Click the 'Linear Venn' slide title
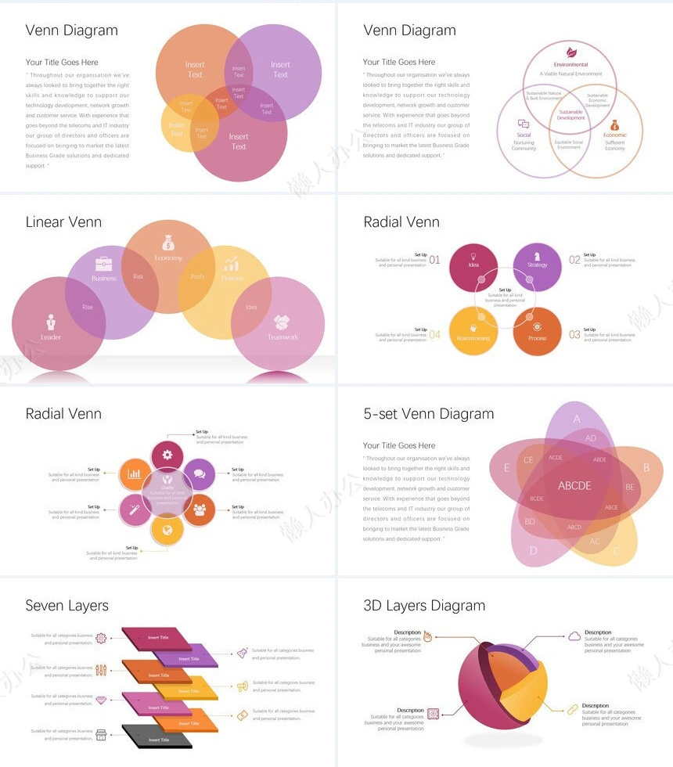tap(63, 222)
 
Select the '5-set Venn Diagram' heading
tap(428, 414)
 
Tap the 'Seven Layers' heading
tap(67, 606)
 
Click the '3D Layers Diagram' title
tap(424, 606)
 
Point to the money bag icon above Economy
tap(168, 243)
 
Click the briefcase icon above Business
tap(103, 264)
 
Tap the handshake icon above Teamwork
tap(282, 322)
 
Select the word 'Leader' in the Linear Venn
tap(51, 337)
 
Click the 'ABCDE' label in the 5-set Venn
tap(574, 486)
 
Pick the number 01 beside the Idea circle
tap(435, 260)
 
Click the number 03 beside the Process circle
tap(574, 335)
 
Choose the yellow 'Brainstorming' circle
tap(473, 332)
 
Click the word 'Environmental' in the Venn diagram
tap(570, 65)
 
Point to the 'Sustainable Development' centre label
tap(570, 115)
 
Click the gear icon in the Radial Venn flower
tap(167, 455)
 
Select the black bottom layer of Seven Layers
tap(157, 736)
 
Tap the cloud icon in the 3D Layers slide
tap(574, 636)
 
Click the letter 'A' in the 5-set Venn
tap(577, 419)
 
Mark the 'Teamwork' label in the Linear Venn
tap(283, 337)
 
